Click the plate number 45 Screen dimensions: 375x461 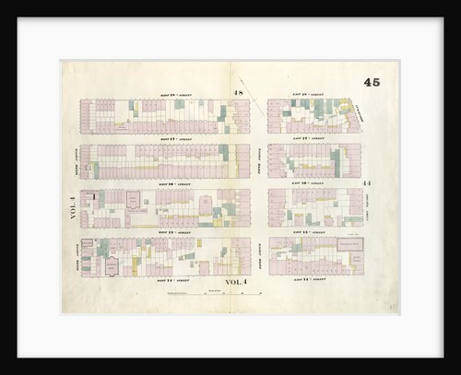coord(372,82)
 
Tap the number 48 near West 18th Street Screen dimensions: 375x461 coord(238,93)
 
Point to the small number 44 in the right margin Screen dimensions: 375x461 coord(366,184)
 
